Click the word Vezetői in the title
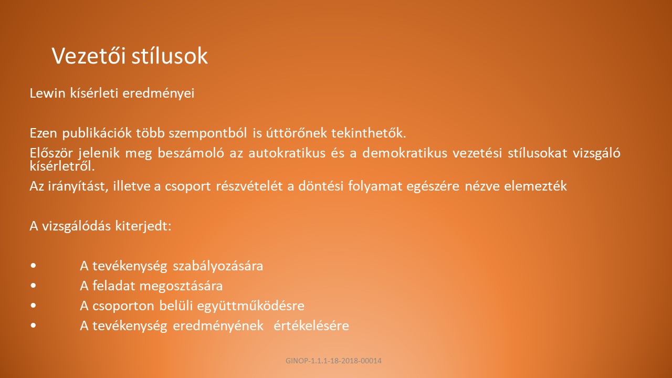89,56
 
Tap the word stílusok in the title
170,56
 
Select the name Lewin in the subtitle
47,93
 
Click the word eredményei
159,94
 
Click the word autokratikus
287,153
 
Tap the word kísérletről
62,166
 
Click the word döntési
320,186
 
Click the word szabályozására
218,266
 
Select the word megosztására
181,286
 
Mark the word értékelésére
311,326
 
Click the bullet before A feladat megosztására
33,286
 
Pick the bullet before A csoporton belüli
33,306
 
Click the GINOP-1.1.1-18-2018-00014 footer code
333,361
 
